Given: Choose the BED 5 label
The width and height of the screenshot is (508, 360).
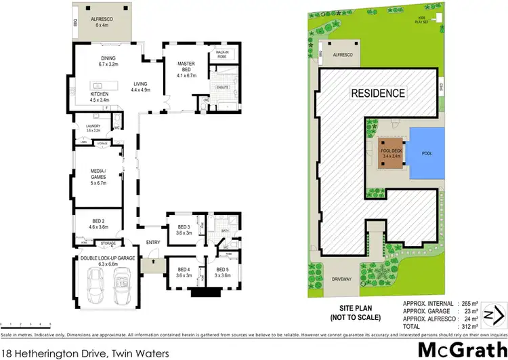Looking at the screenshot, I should click(x=223, y=273).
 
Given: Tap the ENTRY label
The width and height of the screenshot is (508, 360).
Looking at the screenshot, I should click(x=152, y=242).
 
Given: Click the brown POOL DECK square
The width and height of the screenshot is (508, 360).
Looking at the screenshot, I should click(x=391, y=154).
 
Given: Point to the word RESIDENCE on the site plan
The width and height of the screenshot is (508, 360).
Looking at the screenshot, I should click(x=378, y=93).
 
